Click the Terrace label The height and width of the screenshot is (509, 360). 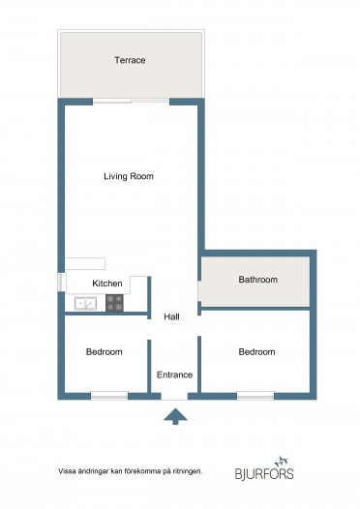130,60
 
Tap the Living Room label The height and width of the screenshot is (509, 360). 129,176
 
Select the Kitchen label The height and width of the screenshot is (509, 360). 107,284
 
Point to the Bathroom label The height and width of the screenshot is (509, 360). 258,280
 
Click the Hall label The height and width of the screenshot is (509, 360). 171,316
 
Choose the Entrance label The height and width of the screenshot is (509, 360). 174,374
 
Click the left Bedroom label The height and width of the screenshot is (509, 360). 105,352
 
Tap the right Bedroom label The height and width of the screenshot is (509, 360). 256,352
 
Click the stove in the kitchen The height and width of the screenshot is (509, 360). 114,303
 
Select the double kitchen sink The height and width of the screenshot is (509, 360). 85,304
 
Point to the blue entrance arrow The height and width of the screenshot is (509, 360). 175,416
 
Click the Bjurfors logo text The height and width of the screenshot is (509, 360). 264,473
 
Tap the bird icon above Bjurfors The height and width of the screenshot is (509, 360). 282,461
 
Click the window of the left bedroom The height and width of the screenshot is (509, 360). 109,396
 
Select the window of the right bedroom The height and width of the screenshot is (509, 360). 255,396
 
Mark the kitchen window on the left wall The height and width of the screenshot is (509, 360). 61,282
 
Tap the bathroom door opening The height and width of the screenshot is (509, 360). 199,291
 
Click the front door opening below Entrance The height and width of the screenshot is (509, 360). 174,396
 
